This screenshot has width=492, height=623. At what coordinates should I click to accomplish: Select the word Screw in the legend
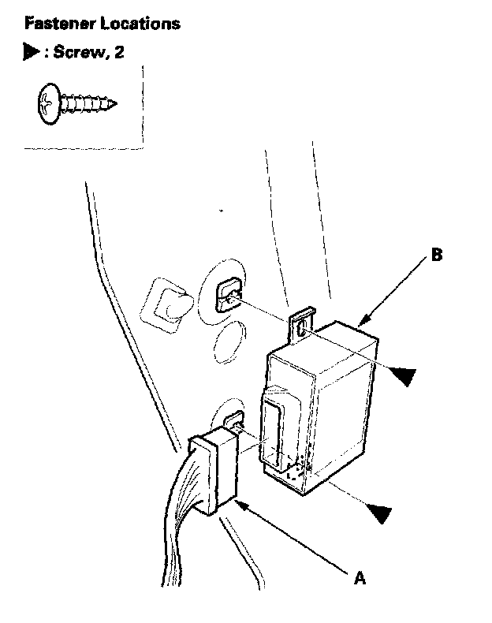click(x=76, y=53)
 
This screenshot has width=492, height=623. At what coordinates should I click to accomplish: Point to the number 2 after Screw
click(x=119, y=53)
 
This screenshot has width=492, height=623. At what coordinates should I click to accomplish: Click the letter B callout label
click(x=437, y=256)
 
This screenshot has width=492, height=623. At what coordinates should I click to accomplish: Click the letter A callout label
click(x=360, y=578)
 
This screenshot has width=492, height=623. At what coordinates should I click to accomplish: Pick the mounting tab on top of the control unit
click(x=303, y=325)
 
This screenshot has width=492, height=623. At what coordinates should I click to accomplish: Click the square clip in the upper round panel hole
click(x=229, y=296)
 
